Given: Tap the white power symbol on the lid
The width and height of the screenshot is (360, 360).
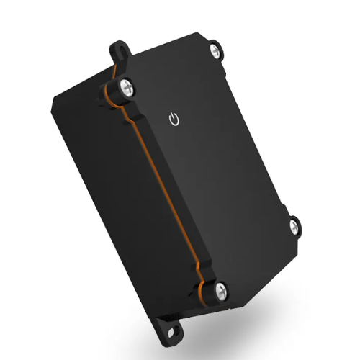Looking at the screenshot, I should click(173, 120).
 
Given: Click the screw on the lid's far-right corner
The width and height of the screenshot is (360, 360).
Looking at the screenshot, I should click(296, 226).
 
